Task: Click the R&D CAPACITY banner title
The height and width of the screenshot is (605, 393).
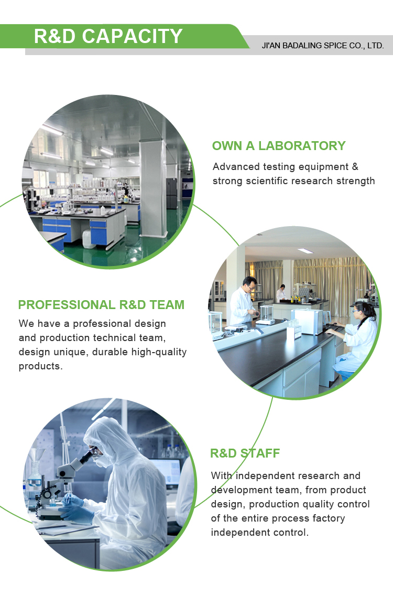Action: (x=108, y=36)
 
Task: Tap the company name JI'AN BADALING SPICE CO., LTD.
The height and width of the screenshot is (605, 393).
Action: (x=323, y=46)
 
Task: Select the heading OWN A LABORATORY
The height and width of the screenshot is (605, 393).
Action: (x=279, y=146)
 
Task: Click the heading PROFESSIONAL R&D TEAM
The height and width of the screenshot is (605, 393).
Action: (x=101, y=305)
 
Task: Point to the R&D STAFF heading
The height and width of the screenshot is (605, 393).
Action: (x=245, y=453)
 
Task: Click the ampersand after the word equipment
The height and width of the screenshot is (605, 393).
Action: (x=355, y=167)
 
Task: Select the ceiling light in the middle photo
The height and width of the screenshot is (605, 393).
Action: (x=305, y=251)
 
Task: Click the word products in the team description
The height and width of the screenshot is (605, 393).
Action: (x=40, y=366)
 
